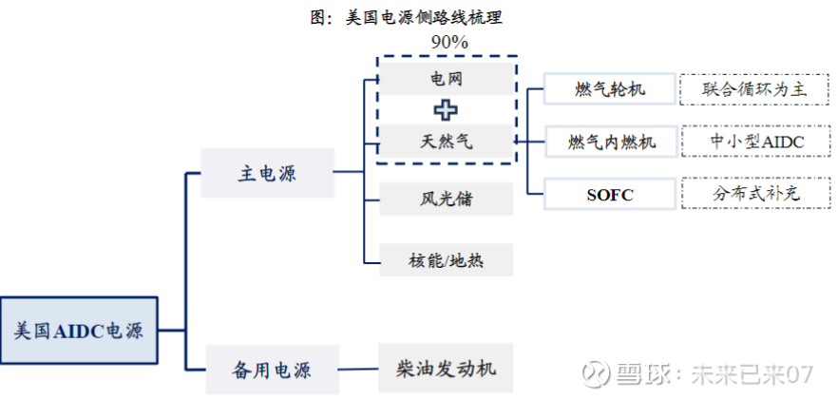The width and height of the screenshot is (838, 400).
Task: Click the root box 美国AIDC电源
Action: click(x=79, y=331)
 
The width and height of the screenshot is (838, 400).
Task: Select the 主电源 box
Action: click(x=267, y=173)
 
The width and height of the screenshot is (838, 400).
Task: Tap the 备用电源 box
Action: click(x=273, y=369)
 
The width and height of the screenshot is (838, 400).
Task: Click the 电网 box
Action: click(x=446, y=78)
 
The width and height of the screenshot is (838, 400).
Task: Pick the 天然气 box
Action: click(x=446, y=142)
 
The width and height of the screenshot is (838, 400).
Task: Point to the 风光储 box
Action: click(x=446, y=200)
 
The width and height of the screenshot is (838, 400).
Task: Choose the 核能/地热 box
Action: click(x=446, y=259)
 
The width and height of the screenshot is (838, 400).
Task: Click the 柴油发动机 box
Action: click(x=446, y=368)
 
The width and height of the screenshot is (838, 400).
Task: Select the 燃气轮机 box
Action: click(x=610, y=89)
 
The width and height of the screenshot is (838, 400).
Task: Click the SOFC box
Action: click(x=610, y=195)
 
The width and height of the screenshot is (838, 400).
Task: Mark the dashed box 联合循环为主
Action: click(x=756, y=89)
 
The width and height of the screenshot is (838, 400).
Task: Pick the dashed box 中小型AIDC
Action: click(x=756, y=142)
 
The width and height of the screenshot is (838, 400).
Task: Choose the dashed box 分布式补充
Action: click(x=756, y=195)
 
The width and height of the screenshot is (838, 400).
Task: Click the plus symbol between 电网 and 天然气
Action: click(x=446, y=109)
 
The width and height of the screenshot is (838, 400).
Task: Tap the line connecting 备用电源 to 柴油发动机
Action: click(x=359, y=369)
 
